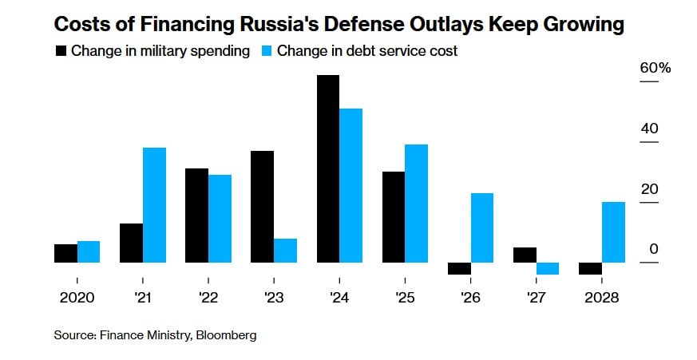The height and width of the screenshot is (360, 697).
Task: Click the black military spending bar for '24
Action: coord(328,168)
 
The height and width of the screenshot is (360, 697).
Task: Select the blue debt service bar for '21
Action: coord(154,205)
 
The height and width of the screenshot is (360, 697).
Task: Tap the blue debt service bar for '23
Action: coord(285,251)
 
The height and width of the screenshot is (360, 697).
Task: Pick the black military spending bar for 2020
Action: coord(65,253)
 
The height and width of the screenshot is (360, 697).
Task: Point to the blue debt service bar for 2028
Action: coord(613,232)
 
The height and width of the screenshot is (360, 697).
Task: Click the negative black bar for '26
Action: coord(459,268)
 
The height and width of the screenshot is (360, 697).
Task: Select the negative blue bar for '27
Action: coord(548,268)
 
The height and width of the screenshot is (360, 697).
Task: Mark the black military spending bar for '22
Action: coord(196,216)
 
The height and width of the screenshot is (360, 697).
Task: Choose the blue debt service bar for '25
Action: coord(416,204)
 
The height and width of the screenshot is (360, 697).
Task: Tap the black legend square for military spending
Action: coord(61,51)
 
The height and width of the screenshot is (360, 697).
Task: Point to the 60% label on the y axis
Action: coord(655,68)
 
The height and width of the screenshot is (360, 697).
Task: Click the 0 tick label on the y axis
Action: coord(654,250)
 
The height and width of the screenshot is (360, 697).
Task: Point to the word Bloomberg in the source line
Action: coord(226,336)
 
